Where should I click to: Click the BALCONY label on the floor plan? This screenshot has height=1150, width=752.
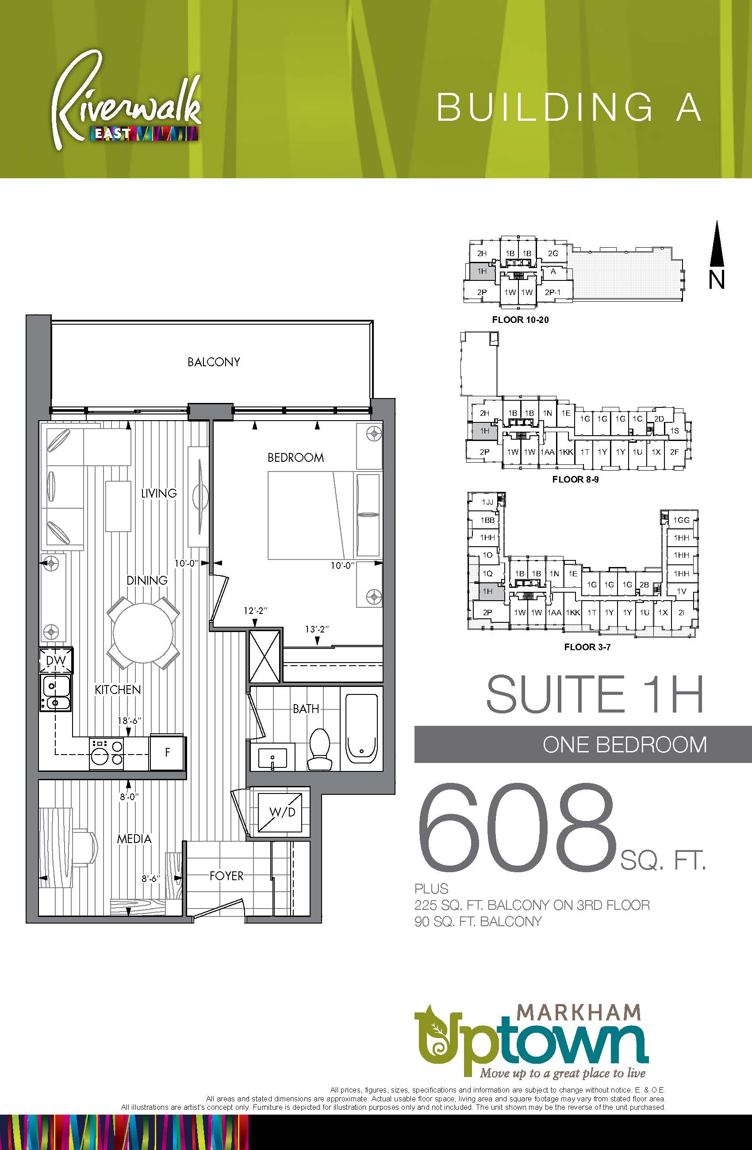pyautogui.click(x=214, y=362)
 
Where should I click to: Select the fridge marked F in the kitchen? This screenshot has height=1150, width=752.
pyautogui.click(x=168, y=752)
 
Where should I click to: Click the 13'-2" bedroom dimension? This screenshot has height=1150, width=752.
pyautogui.click(x=317, y=629)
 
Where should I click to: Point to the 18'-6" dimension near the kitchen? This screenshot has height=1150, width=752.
pyautogui.click(x=129, y=721)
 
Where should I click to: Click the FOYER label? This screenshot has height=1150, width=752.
pyautogui.click(x=226, y=875)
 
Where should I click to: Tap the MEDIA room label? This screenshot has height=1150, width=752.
pyautogui.click(x=134, y=838)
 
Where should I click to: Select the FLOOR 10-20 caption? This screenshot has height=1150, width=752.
pyautogui.click(x=520, y=320)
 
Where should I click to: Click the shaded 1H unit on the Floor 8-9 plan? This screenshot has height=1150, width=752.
pyautogui.click(x=485, y=430)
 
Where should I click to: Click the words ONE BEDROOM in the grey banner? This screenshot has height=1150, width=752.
pyautogui.click(x=625, y=744)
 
